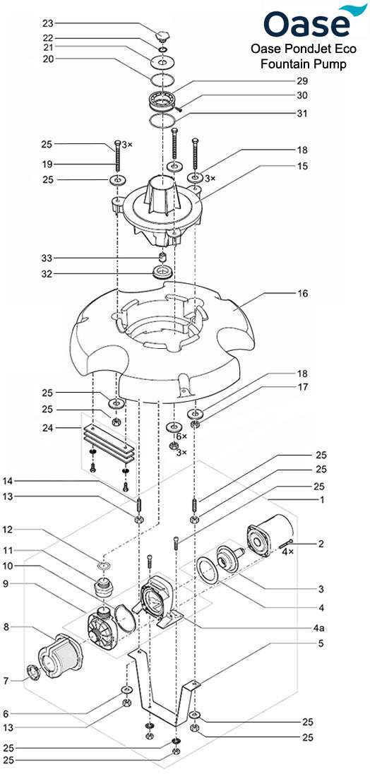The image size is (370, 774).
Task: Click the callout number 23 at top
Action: (47, 23)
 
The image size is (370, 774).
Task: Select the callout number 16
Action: (302, 293)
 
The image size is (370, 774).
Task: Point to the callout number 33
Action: (47, 258)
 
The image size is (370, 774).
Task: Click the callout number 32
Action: (47, 273)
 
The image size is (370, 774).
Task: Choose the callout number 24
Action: (47, 427)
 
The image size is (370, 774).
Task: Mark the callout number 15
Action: (302, 166)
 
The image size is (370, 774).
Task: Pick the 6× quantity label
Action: (181, 437)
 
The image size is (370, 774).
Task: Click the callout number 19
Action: (47, 163)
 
